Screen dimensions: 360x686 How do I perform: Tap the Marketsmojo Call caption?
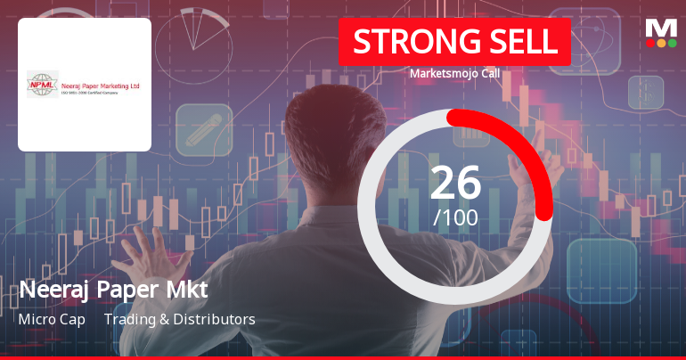tap(454, 73)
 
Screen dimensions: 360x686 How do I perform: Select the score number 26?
tap(455, 183)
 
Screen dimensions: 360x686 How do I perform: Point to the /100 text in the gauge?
tap(455, 217)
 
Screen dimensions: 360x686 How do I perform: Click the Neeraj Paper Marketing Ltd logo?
tap(85, 84)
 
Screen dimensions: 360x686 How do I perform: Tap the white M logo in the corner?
tap(661, 28)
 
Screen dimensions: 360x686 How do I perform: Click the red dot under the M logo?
tap(650, 43)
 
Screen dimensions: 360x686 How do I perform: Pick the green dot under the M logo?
tap(672, 43)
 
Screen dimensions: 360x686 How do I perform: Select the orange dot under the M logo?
tap(661, 43)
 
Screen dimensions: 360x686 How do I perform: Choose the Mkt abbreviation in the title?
tap(185, 290)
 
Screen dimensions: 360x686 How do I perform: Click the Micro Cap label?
tap(52, 319)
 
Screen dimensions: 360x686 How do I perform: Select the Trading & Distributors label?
tap(180, 319)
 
